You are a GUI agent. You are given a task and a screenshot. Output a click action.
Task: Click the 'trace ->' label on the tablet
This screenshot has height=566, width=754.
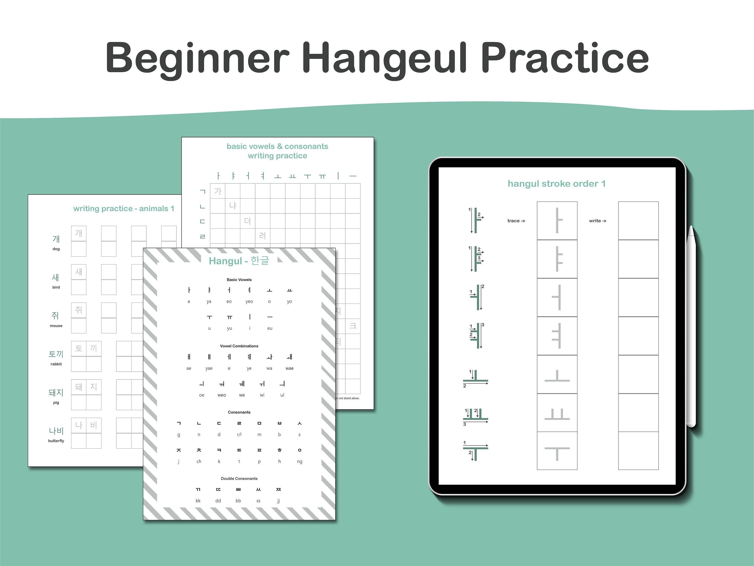click(x=516, y=221)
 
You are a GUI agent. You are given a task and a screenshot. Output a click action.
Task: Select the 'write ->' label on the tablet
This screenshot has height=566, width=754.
click(x=597, y=221)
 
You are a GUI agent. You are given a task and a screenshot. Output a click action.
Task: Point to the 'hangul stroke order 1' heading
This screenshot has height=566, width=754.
click(x=557, y=184)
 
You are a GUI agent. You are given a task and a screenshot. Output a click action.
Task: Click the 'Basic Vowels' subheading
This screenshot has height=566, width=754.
click(x=239, y=279)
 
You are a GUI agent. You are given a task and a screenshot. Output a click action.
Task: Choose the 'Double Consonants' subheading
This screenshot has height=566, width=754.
click(x=239, y=478)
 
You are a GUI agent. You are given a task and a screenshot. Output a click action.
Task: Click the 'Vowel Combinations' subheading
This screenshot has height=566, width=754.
click(x=239, y=346)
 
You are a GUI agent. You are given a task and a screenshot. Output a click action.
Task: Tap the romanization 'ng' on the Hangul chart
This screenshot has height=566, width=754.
click(x=300, y=462)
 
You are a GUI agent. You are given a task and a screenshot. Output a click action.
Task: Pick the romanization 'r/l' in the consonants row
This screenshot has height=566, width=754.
click(x=239, y=435)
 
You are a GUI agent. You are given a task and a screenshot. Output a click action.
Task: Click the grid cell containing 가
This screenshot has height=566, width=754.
click(x=217, y=191)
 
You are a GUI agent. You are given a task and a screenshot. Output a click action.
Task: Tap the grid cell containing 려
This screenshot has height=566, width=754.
click(x=262, y=236)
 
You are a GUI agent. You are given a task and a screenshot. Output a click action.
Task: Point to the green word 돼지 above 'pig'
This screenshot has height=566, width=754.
click(x=56, y=392)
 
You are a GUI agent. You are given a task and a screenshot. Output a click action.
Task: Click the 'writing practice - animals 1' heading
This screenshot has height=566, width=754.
click(x=123, y=209)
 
